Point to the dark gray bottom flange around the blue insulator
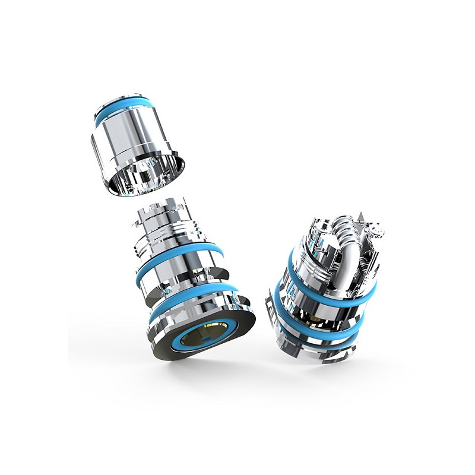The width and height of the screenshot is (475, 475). (178, 350)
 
